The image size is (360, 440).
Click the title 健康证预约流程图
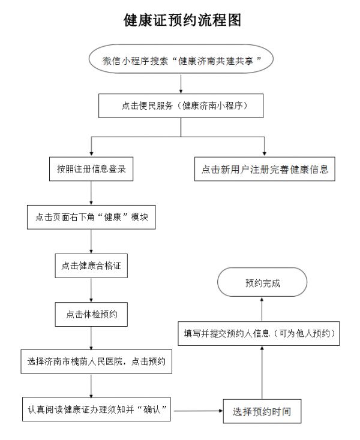182,20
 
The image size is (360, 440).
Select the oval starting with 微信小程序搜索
181,59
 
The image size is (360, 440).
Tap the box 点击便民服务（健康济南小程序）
181,106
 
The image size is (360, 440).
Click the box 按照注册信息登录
91,169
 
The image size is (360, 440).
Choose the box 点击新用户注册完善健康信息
265,169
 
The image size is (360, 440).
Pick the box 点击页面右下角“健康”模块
91,217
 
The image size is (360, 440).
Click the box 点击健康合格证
91,266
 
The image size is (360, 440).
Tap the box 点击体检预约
91,314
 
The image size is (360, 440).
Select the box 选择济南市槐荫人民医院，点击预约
97,361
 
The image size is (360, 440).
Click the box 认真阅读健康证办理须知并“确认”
97,409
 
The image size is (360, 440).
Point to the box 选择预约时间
262,411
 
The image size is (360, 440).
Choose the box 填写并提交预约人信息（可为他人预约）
259,333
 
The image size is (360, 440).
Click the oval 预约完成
262,282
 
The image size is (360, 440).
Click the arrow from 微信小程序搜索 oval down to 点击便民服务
181,83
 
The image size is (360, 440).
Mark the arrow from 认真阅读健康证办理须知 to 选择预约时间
198,411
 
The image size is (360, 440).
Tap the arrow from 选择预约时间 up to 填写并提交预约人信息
262,373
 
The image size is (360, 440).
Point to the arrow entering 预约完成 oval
262,309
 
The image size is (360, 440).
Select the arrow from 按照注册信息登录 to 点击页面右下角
91,193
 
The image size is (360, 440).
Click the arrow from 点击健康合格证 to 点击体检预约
91,290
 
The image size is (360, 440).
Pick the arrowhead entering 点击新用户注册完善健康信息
264,154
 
